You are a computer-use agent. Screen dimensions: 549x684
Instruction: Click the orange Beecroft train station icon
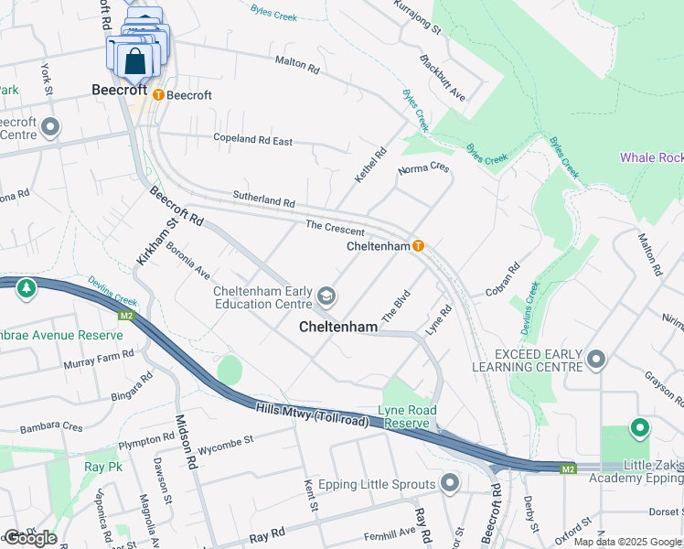[x=158, y=94]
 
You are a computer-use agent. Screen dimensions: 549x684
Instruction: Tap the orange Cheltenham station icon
[x=418, y=246]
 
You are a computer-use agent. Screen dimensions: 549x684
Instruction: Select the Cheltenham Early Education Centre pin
[x=326, y=296]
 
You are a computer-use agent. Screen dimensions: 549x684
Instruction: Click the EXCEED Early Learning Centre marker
[x=597, y=360]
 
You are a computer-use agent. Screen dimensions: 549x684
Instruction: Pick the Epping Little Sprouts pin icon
[x=449, y=482]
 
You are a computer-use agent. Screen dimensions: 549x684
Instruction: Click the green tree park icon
[x=27, y=288]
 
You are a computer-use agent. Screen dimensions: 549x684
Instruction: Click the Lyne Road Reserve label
[x=408, y=416]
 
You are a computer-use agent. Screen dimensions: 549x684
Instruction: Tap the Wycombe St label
[x=226, y=450]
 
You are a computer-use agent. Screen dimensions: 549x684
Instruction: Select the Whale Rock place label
[x=650, y=157]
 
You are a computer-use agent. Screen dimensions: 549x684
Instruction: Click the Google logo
[x=30, y=537]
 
